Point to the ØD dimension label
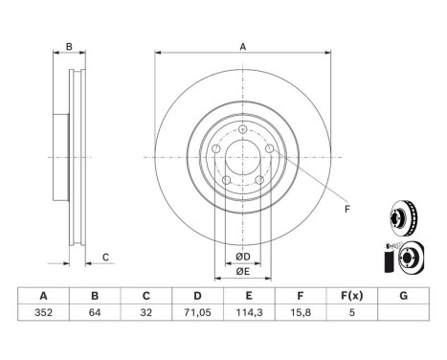[x=243, y=258]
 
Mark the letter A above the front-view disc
[x=243, y=47]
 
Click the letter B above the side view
[x=68, y=47]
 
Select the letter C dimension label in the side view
[x=107, y=256]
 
